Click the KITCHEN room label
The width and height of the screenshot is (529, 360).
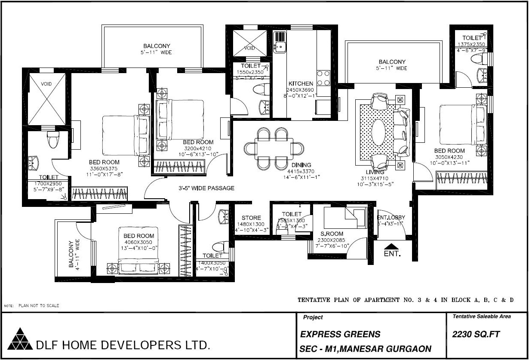coord(301,83)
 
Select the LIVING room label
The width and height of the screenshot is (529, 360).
coord(375,172)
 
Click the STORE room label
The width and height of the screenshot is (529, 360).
coord(251,218)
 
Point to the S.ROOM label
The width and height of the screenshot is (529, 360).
coord(331,234)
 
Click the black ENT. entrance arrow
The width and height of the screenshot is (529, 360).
coord(391,246)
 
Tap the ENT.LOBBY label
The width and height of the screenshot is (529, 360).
coord(391,218)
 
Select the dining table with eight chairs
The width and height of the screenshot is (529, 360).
coord(274,148)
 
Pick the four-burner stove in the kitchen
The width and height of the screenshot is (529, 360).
coord(323,78)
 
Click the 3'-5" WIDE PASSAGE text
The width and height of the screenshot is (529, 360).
coord(206,188)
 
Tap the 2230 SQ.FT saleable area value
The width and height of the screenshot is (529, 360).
coord(476,334)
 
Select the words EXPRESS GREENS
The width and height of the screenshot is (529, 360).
coord(340,334)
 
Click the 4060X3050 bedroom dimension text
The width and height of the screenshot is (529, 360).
coord(138,242)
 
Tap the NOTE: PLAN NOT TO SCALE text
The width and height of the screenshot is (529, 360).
coord(32,306)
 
